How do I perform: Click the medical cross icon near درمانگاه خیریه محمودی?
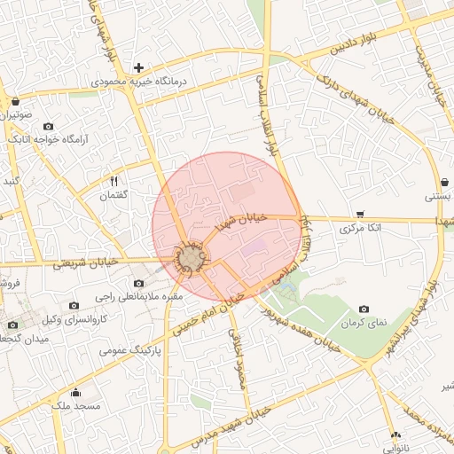coord(138,67)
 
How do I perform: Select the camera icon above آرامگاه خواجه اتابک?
coord(48,125)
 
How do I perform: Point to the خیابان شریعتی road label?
coord(85,262)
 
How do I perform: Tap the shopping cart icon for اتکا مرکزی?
coord(359,214)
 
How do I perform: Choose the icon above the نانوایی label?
coord(395,434)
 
